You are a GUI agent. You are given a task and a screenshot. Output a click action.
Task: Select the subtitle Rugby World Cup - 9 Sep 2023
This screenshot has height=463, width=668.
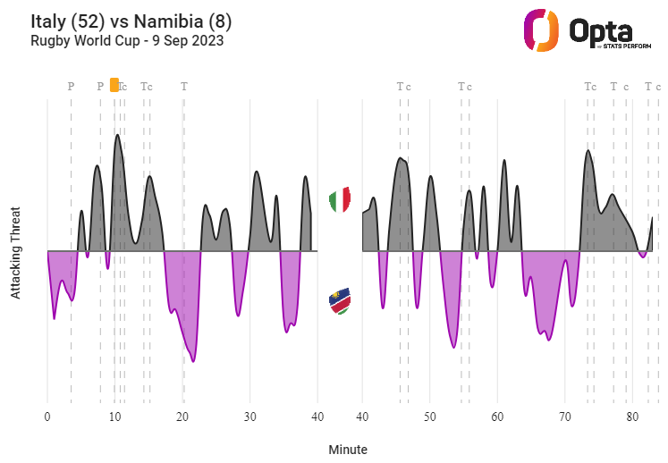coord(127,40)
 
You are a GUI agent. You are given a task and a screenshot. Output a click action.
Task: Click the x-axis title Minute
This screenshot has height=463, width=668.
coord(347,450)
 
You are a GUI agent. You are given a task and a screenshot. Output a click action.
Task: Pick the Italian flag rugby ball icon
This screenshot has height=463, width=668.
coord(340,200)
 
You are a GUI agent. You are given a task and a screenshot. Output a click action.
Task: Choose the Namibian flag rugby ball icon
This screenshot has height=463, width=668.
coord(340,301)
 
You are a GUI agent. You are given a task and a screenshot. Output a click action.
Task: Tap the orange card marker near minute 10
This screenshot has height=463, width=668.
coord(114,85)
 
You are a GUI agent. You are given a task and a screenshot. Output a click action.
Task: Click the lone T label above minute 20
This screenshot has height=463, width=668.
coord(184,87)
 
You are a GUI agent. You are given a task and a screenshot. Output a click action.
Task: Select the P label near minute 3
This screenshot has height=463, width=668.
coord(72,87)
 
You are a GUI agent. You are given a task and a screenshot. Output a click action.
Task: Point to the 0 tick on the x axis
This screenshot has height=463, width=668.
coord(47,417)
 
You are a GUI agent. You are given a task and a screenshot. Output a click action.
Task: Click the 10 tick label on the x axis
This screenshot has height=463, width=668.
coord(114,417)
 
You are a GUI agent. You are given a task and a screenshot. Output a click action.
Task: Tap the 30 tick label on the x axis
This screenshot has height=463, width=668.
coord(250,417)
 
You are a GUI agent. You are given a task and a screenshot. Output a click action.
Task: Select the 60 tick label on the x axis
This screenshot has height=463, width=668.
coord(497,417)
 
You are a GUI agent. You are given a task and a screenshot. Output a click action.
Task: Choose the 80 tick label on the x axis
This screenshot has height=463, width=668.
coord(631,417)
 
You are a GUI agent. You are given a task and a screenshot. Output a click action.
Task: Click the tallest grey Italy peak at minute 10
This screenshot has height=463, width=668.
coord(116,137)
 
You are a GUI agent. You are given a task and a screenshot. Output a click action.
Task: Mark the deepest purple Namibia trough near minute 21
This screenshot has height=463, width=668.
coord(193,360)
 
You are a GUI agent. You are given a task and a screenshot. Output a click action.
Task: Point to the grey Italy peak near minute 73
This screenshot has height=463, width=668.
coord(588,152)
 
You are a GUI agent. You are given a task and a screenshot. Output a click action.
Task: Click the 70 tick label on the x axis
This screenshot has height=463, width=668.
coord(564,417)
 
